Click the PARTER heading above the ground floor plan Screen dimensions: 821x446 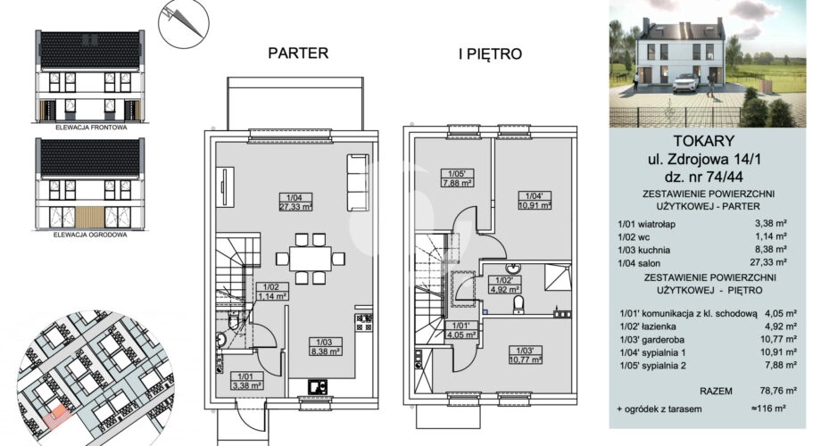coord(298,53)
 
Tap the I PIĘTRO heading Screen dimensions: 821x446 coord(491,54)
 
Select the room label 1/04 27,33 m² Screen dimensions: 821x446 coord(296,202)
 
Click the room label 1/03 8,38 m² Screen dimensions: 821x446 coord(325,346)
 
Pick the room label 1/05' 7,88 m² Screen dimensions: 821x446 coord(457,178)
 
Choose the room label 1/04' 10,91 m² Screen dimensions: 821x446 coord(535,201)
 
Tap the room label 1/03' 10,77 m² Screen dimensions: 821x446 coord(525,355)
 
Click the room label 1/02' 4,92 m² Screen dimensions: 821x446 coord(504,285)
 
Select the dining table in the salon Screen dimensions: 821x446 coord(310,259)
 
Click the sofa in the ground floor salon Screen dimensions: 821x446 coord(358,182)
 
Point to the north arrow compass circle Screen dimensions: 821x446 coord(184,23)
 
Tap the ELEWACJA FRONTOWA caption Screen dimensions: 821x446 coord(91,128)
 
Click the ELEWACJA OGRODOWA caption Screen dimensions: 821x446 coord(91,235)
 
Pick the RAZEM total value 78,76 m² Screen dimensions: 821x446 coord(778,391)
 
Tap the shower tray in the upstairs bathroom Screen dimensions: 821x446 coord(558,277)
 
